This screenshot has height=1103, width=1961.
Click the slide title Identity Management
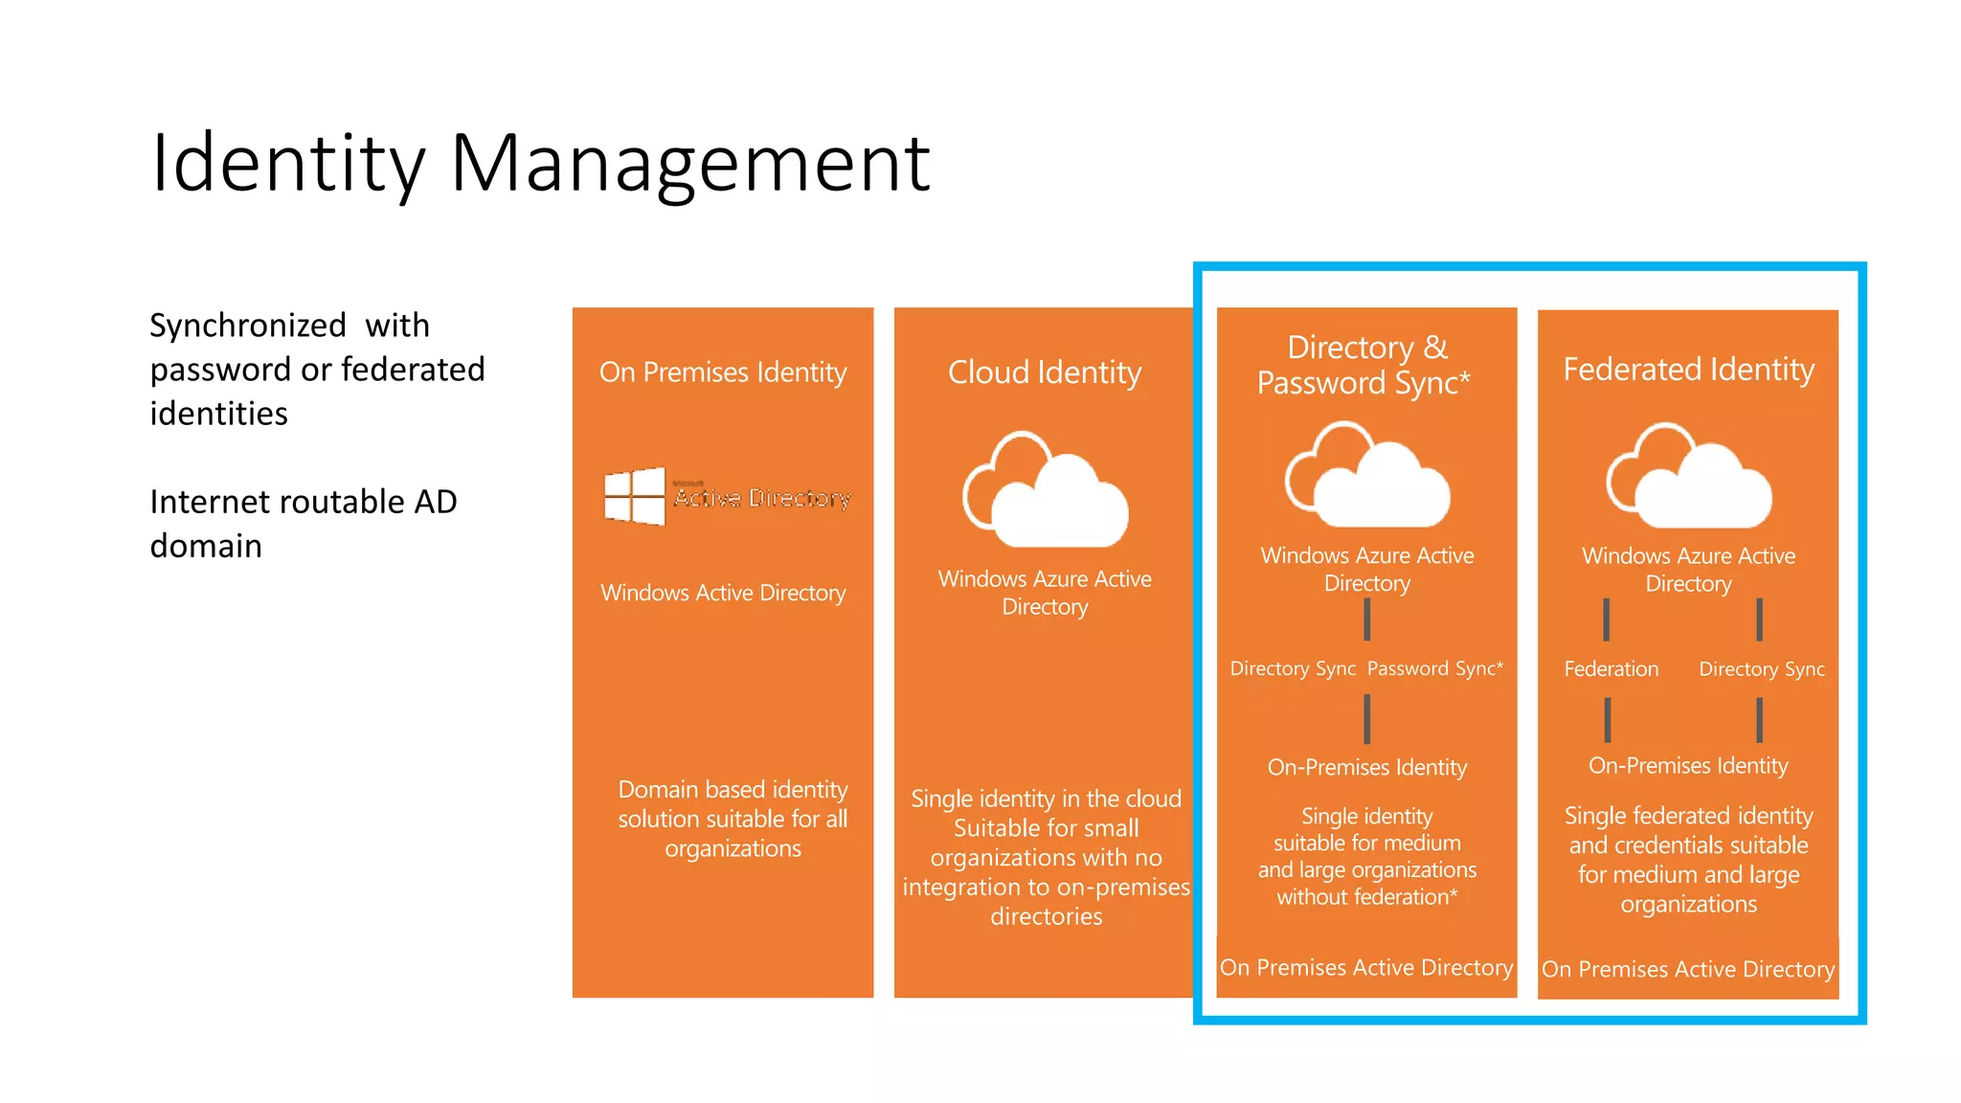[540, 163]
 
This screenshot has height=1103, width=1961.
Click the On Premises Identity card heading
[723, 371]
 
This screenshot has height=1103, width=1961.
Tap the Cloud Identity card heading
[1045, 371]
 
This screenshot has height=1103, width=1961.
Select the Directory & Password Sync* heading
[1366, 364]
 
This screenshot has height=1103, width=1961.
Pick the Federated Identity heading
[1688, 369]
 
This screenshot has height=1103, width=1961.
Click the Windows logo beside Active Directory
[634, 496]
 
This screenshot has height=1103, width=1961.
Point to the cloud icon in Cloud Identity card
[1045, 489]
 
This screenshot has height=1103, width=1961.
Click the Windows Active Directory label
[723, 593]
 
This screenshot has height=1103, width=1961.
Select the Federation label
[1611, 669]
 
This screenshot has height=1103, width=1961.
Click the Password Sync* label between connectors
[1434, 668]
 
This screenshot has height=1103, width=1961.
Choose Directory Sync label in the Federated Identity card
[1761, 669]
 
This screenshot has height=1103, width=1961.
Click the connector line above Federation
[1607, 619]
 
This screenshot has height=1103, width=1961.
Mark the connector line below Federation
[1608, 719]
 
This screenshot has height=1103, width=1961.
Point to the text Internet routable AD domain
[303, 523]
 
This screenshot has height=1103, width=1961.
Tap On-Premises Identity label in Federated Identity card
[1688, 766]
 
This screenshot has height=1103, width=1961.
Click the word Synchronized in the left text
[248, 326]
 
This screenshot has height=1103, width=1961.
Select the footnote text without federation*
[1366, 897]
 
